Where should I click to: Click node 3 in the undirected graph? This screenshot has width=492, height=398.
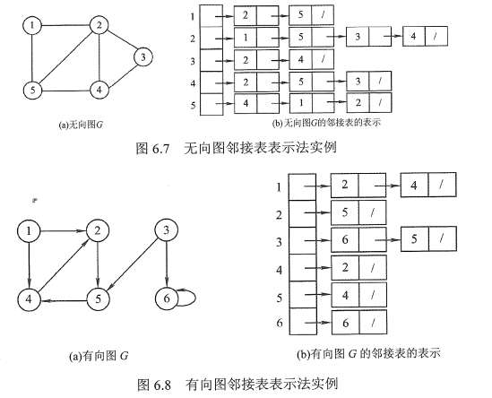pyautogui.click(x=142, y=58)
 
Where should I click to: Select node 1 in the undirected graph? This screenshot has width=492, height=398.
pyautogui.click(x=32, y=26)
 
